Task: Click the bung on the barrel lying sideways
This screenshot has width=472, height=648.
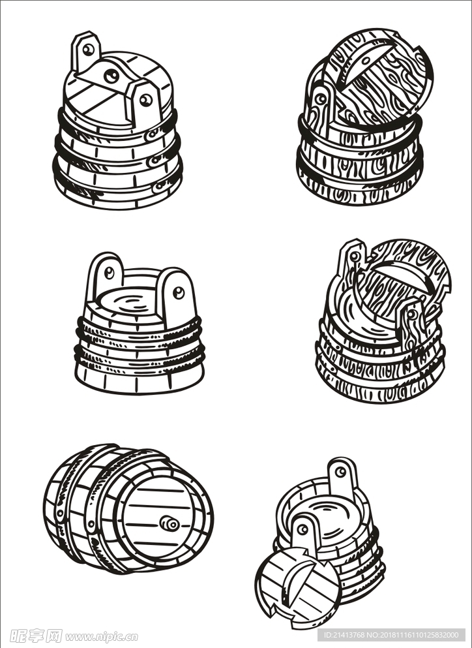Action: coord(169,523)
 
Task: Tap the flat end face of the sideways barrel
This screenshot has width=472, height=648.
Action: coord(162,519)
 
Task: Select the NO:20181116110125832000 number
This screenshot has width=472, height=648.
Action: coord(413,635)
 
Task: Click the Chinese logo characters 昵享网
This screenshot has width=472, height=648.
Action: coord(35,636)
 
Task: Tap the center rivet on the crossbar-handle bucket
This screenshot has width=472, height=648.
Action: coord(111,76)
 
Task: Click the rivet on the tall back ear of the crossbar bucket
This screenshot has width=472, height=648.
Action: coord(88,50)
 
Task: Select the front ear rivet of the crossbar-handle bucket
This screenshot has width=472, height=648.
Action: coord(145,100)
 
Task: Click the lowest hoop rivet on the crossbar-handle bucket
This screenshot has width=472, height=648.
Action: coord(158,187)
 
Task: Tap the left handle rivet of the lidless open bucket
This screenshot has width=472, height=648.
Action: coord(109,272)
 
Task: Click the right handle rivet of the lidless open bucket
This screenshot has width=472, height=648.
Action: coord(179,292)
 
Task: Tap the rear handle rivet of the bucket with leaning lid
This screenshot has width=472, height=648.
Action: coord(340,472)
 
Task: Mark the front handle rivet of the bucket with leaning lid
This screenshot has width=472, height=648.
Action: coord(302,529)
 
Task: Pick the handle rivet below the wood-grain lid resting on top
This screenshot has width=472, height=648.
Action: coord(320,99)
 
